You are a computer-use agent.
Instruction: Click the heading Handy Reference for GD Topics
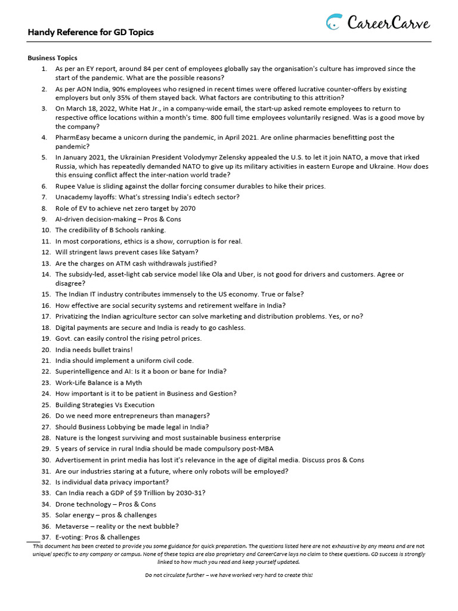pos(91,32)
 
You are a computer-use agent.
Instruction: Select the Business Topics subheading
pos(52,58)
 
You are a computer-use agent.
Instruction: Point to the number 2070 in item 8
pos(187,208)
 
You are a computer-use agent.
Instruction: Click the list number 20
pos(46,350)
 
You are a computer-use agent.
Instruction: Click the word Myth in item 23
pos(134,382)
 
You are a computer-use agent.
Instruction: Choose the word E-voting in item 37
pos(69,537)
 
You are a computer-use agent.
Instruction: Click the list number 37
pos(46,537)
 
